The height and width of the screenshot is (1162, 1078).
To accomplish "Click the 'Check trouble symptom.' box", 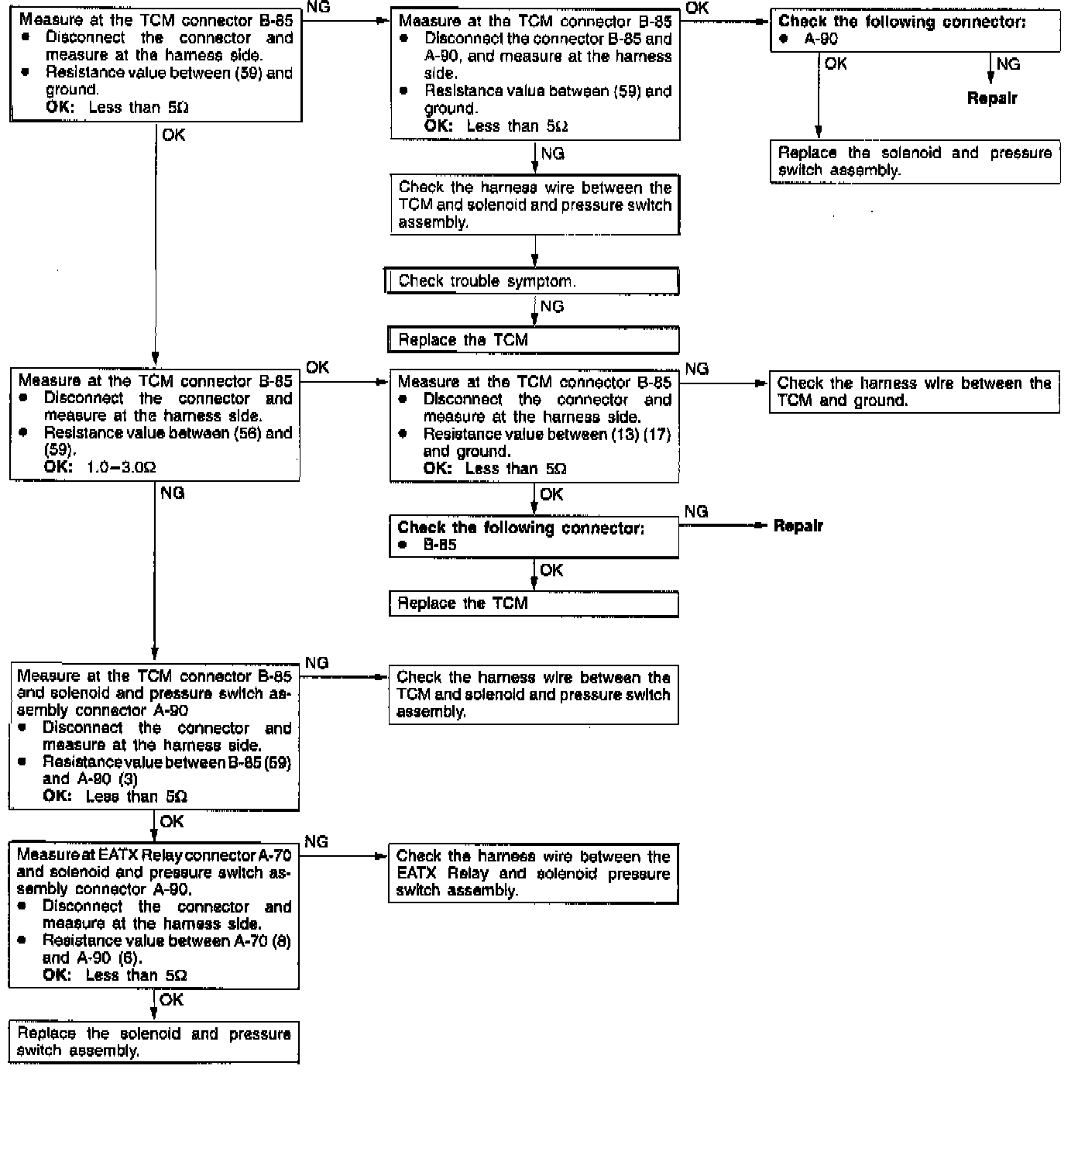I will pyautogui.click(x=532, y=281).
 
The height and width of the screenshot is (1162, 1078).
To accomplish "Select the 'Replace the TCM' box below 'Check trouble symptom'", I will pyautogui.click(x=534, y=340).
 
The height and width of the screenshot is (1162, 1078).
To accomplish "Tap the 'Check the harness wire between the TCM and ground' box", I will pyautogui.click(x=914, y=392).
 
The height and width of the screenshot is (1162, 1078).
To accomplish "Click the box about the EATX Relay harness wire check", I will pyautogui.click(x=533, y=874).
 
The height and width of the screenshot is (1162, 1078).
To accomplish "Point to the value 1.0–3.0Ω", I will pyautogui.click(x=122, y=467).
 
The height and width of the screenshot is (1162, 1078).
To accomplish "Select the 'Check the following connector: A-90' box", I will pyautogui.click(x=915, y=31).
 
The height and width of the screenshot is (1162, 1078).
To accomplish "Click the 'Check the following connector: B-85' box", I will pyautogui.click(x=534, y=536).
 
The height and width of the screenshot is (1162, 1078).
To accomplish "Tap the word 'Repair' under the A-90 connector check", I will pyautogui.click(x=992, y=98).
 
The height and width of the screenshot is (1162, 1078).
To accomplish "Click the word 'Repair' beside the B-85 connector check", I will pyautogui.click(x=798, y=526).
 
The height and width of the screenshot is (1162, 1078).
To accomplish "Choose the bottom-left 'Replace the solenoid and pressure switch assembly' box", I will pyautogui.click(x=153, y=1042).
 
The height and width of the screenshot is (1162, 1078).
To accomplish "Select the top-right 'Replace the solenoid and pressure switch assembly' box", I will pyautogui.click(x=915, y=162).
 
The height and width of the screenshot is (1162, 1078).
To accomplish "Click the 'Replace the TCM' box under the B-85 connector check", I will pyautogui.click(x=534, y=603).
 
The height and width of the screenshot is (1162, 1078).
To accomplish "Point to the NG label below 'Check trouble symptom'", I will pyautogui.click(x=552, y=307).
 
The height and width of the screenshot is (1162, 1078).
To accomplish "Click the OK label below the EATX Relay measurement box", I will pyautogui.click(x=171, y=1000).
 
